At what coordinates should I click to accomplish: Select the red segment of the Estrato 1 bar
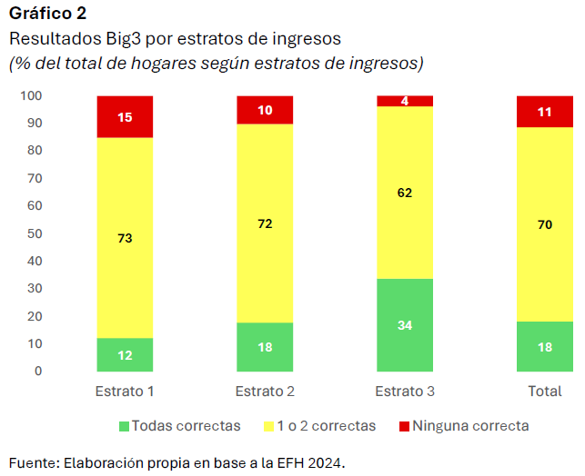pos(125,117)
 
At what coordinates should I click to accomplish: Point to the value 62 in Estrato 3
pos(405,193)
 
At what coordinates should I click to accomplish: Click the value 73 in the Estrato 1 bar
pos(125,238)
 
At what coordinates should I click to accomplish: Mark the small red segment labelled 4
pos(405,101)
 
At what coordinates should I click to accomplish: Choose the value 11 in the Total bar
pos(545,112)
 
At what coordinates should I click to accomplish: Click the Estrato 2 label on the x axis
pos(265,392)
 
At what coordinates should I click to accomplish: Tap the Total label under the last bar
pos(545,392)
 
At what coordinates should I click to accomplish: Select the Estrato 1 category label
pos(125,392)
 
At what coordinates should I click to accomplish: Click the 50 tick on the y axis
pos(35,233)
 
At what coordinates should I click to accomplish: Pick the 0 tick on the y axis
pos(38,371)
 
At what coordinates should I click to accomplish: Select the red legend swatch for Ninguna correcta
pos(405,425)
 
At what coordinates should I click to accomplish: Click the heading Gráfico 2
pos(47,13)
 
